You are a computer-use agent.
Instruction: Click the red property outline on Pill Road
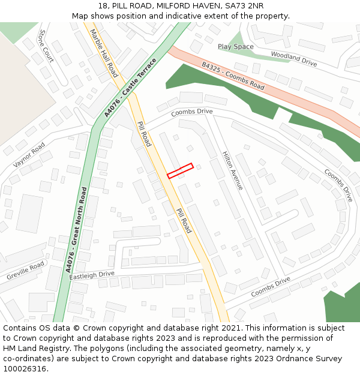pos(180,171)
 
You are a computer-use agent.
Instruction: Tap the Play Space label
pos(235,47)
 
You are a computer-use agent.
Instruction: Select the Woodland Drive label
pos(293,58)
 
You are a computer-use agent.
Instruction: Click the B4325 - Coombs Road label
pos(233,76)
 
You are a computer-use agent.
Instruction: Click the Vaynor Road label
pos(29,155)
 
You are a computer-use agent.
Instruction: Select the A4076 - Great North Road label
pos(76,230)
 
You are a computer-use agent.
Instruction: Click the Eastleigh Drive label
pos(91,275)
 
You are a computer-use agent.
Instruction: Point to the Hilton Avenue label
pos(233,171)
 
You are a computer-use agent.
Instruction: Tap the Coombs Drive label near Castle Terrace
pos(192,112)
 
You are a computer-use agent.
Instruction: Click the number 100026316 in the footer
pos(24,368)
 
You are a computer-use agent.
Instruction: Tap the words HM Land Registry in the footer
pos(30,348)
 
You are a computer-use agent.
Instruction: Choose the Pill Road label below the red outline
pos(184,221)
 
